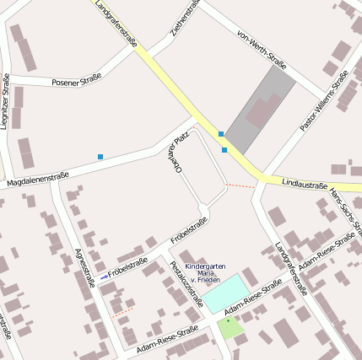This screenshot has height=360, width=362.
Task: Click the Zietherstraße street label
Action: (x=185, y=19)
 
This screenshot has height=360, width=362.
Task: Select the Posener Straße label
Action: (x=76, y=79)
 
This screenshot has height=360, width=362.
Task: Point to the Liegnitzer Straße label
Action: (x=6, y=102)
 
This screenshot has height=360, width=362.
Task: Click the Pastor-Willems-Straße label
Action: (x=325, y=101)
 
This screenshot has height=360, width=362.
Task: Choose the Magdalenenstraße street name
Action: (x=37, y=179)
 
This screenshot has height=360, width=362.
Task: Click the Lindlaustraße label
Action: (x=303, y=181)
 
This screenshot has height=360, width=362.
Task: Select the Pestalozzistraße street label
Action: (x=186, y=284)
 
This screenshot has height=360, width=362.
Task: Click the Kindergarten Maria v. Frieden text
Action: (x=205, y=272)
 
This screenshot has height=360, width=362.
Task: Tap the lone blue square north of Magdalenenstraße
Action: (x=100, y=157)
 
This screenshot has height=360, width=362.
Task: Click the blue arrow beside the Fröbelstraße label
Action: (x=104, y=277)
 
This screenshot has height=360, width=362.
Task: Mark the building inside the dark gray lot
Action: (x=264, y=110)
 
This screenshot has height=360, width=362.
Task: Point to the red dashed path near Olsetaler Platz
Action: (x=241, y=185)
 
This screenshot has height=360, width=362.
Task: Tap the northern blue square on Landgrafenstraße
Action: (x=221, y=133)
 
